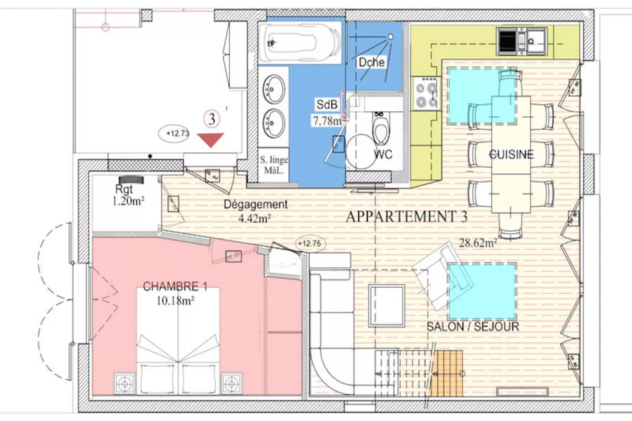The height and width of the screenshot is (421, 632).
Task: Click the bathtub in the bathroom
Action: click(300, 42)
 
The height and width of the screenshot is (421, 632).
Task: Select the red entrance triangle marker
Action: click(211, 140)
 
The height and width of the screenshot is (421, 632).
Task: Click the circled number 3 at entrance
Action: click(212, 119)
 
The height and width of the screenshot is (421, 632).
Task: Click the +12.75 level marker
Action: click(309, 244)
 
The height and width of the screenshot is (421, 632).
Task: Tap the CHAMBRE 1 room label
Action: click(175, 286)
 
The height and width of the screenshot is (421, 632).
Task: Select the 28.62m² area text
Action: click(478, 243)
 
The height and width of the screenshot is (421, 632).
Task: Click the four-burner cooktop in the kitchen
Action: click(426, 92)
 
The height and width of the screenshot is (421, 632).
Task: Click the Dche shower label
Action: click(371, 62)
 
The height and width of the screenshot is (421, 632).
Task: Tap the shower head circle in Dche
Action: click(390, 37)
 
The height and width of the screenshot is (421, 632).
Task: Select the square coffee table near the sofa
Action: click(386, 306)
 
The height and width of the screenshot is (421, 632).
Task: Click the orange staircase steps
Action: click(447, 373)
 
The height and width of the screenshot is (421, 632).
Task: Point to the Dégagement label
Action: click(255, 205)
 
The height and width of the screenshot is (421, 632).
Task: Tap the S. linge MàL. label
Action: click(273, 165)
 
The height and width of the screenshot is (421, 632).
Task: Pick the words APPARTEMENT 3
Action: click(406, 217)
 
